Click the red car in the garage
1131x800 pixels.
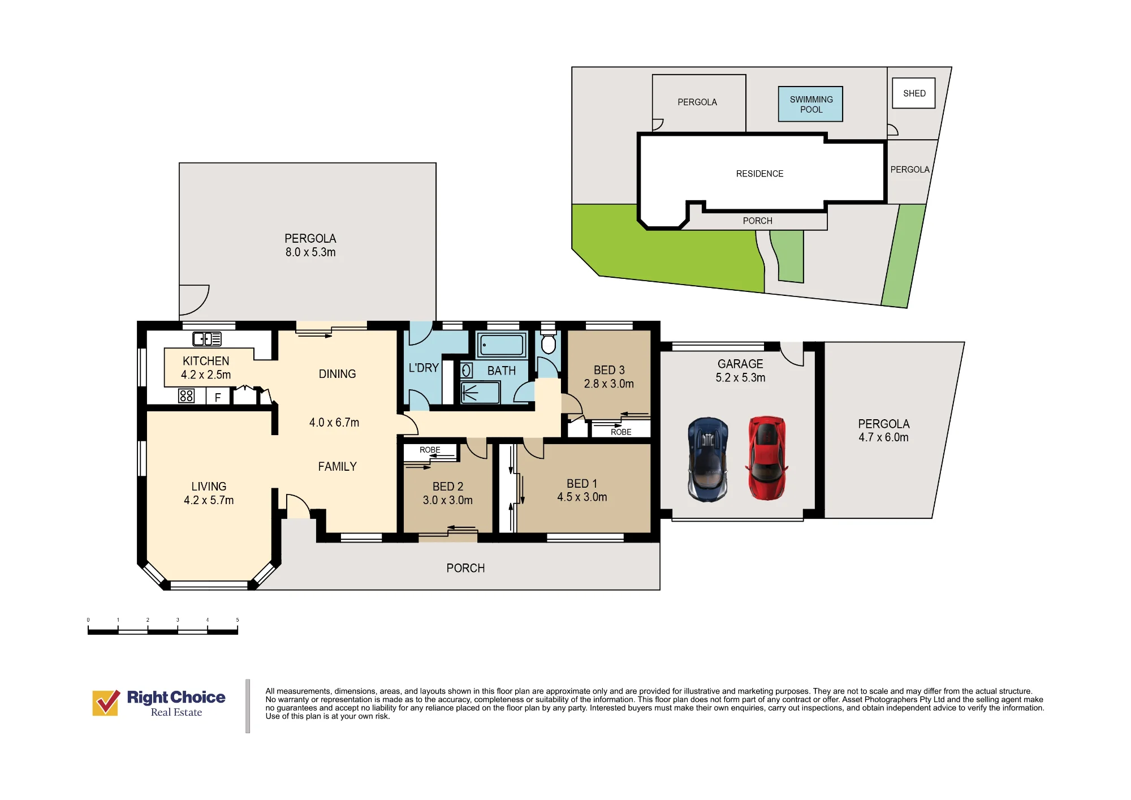tap(767, 458)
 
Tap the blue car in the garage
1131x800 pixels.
tap(707, 459)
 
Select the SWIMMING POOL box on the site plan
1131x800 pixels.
tap(810, 104)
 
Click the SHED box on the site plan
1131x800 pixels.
tap(914, 93)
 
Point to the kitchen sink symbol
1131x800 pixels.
tap(207, 339)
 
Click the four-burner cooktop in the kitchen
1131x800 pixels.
tap(187, 395)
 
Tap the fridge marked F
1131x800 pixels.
tap(218, 396)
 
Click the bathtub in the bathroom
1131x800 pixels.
tap(502, 345)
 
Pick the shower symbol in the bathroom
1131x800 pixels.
tap(480, 392)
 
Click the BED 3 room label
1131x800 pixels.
tap(609, 370)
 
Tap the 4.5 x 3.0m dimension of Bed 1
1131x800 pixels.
tap(582, 497)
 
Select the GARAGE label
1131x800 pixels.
tap(740, 364)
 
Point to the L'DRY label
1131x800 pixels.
tap(424, 368)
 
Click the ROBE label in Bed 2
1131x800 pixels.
tap(430, 450)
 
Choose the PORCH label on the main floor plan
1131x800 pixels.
tap(465, 568)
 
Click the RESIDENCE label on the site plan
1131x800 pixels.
tap(759, 174)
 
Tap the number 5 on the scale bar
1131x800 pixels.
tap(238, 620)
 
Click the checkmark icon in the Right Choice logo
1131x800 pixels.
tap(106, 703)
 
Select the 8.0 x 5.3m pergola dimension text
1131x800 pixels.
tap(310, 252)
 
